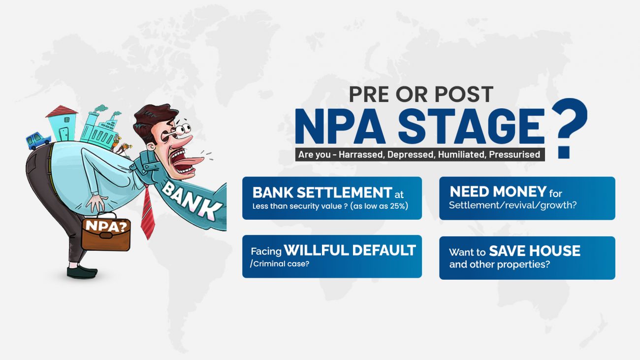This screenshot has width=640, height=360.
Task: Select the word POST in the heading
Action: pos(464,94)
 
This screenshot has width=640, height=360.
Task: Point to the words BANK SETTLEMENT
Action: pos(322,192)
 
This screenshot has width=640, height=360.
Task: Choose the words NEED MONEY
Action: pos(498,192)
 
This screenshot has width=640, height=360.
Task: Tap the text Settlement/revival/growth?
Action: pos(513,205)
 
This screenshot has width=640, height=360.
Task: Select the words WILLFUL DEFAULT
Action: pos(350,250)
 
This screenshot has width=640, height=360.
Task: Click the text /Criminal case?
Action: pos(280,263)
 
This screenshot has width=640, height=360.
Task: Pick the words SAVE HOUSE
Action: pos(535,251)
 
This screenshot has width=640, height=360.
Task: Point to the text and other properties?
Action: pos(499,264)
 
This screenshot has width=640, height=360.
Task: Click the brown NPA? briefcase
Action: pos(106,232)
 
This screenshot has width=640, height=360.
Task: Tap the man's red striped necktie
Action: pos(148,212)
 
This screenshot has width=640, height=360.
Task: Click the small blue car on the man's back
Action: pos(38,140)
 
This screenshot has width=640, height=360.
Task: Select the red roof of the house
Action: pos(62,111)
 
